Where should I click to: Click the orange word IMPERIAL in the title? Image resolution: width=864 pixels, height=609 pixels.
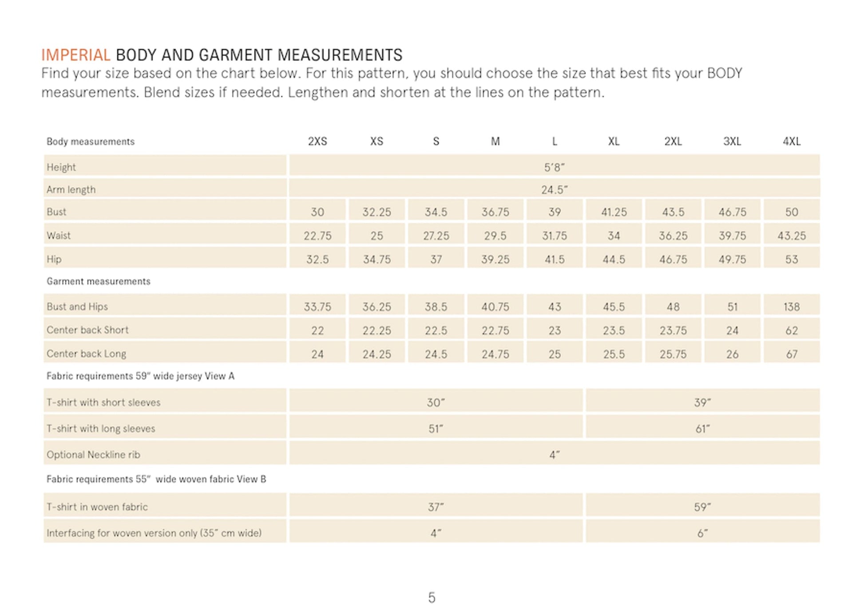[75, 55]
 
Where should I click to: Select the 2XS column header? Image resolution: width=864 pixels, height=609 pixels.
[317, 141]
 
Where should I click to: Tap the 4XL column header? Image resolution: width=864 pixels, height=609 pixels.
[792, 141]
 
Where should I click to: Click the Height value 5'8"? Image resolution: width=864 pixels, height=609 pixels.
[555, 167]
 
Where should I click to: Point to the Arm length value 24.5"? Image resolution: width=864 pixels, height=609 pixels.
[555, 190]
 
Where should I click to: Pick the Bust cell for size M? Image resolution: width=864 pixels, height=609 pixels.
[495, 212]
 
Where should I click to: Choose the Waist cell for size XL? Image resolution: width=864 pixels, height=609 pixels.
[614, 235]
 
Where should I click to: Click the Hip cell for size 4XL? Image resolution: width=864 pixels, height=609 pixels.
[792, 259]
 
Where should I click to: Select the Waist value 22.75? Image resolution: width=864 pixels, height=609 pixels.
[317, 235]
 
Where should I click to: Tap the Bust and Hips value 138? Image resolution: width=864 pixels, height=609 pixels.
[792, 306]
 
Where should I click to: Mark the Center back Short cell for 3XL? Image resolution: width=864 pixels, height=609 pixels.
[733, 330]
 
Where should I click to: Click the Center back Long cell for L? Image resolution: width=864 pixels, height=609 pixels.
[555, 354]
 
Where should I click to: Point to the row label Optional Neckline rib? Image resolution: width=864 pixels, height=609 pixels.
[93, 454]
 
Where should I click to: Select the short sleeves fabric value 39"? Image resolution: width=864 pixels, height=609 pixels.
[703, 402]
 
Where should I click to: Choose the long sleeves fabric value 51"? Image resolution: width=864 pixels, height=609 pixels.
[436, 429]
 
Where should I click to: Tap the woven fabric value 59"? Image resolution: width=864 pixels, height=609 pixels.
[703, 507]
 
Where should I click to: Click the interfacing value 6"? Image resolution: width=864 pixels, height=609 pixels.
[703, 533]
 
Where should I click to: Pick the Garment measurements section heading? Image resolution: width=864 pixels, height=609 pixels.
[99, 281]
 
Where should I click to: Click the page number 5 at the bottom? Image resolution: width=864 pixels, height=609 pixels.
[432, 597]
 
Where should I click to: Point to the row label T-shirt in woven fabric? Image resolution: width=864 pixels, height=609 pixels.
[97, 507]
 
